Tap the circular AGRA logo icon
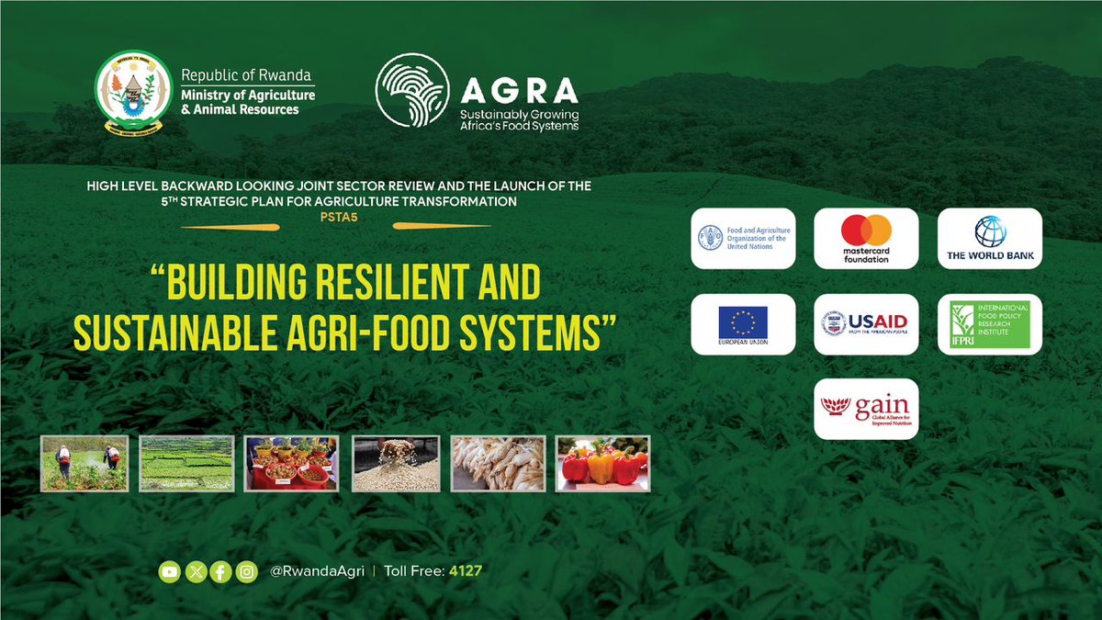click(412, 89)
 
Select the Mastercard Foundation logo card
click(866, 239)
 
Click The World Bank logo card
click(989, 239)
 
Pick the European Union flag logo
click(743, 324)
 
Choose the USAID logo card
click(866, 324)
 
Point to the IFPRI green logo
click(989, 324)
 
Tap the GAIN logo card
click(866, 409)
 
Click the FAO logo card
click(743, 239)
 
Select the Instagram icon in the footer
click(246, 571)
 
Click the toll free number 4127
click(465, 571)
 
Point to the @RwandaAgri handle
click(318, 571)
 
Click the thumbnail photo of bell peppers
click(602, 463)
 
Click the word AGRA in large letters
click(519, 89)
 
